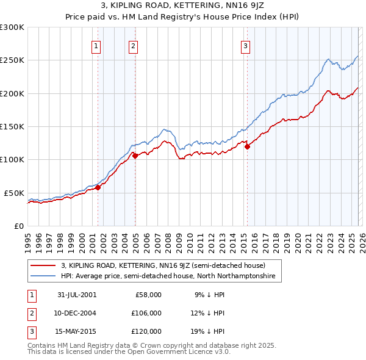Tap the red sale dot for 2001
pos(98,187)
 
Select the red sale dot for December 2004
pos(135,156)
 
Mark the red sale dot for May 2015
pos(247,146)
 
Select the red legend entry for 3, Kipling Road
pos(162,265)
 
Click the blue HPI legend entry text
pos(168,276)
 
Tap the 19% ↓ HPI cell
pos(209,332)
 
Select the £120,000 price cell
pos(146,332)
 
